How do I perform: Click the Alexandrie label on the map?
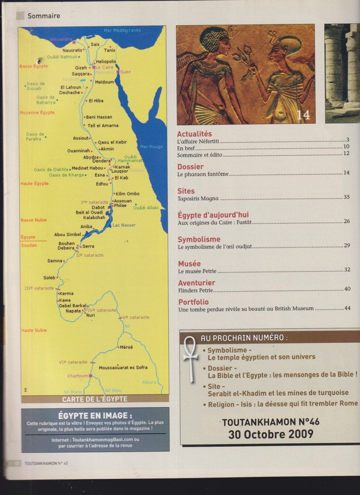(x=61, y=39)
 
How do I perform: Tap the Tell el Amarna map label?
(x=103, y=125)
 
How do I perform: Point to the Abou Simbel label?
(x=67, y=234)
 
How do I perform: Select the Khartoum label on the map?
(x=78, y=376)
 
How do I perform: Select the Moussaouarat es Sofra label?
(x=123, y=367)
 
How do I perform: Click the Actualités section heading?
(x=194, y=134)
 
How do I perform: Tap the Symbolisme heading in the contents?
(x=199, y=239)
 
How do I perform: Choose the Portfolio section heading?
(x=193, y=302)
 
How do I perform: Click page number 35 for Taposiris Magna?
(x=347, y=197)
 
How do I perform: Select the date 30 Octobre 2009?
(x=270, y=434)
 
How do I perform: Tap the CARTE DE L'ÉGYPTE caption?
(x=94, y=399)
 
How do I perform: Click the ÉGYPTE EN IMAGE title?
(x=95, y=415)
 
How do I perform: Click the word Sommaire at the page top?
(x=43, y=16)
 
